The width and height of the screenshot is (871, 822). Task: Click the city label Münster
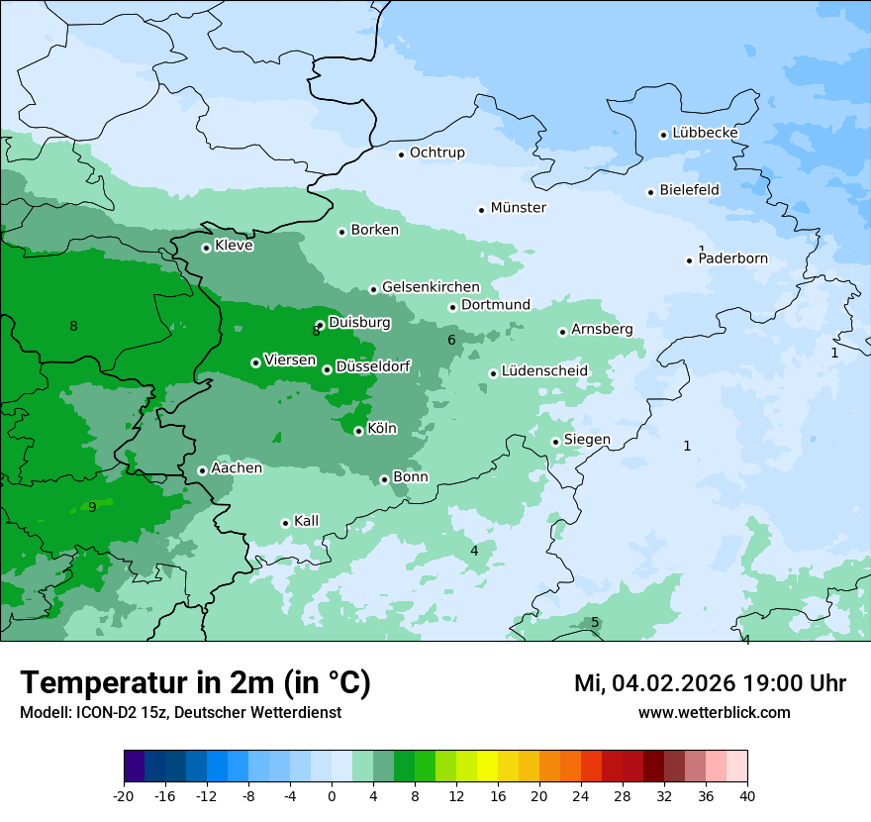pyautogui.click(x=518, y=208)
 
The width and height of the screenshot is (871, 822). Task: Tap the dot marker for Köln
pyautogui.click(x=358, y=431)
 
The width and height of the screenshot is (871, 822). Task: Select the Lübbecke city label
pyautogui.click(x=705, y=133)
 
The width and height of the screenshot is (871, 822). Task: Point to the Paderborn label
pyautogui.click(x=732, y=259)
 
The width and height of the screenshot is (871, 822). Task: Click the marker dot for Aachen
pyautogui.click(x=202, y=470)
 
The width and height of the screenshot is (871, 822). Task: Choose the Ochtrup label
pyautogui.click(x=436, y=153)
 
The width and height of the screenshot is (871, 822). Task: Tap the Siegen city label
pyautogui.click(x=587, y=440)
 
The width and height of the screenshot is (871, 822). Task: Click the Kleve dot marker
pyautogui.click(x=206, y=248)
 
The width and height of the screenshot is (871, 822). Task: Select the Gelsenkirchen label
pyautogui.click(x=431, y=287)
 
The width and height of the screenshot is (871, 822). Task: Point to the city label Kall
pyautogui.click(x=306, y=521)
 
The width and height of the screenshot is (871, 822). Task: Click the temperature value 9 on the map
pyautogui.click(x=92, y=507)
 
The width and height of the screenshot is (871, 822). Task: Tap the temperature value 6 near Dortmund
pyautogui.click(x=451, y=341)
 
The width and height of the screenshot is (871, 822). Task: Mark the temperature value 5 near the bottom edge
pyautogui.click(x=595, y=622)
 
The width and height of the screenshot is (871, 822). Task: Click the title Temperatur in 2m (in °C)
pyautogui.click(x=196, y=682)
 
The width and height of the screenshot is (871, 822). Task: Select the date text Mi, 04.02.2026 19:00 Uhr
pyautogui.click(x=709, y=683)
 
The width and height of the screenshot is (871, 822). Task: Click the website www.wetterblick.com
pyautogui.click(x=714, y=712)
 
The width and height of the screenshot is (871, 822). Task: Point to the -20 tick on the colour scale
pyautogui.click(x=124, y=795)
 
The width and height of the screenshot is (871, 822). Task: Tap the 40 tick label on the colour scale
pyautogui.click(x=746, y=795)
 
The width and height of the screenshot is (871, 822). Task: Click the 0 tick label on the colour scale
pyautogui.click(x=332, y=795)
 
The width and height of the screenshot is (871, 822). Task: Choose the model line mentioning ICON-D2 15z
pyautogui.click(x=180, y=712)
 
